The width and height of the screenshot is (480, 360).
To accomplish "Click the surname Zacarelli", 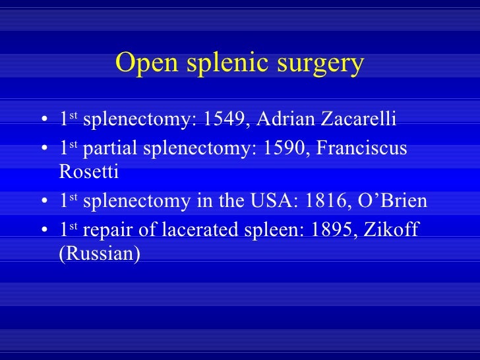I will point(359,120).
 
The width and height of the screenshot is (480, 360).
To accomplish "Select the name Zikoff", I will point(392,227).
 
